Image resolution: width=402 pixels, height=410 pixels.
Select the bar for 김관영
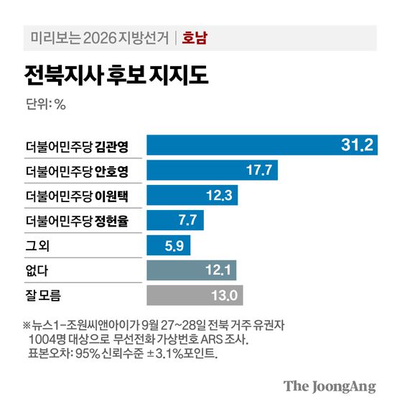pyautogui.click(x=261, y=145)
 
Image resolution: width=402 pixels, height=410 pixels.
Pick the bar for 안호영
pyautogui.click(x=212, y=170)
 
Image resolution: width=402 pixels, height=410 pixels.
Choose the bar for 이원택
pyautogui.click(x=192, y=196)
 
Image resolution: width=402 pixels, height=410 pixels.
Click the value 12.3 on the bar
pyautogui.click(x=218, y=196)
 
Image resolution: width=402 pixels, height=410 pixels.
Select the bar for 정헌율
pyautogui.click(x=176, y=220)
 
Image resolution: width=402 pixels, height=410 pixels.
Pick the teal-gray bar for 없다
pyautogui.click(x=192, y=270)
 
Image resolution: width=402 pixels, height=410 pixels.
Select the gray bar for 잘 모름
pyautogui.click(x=195, y=296)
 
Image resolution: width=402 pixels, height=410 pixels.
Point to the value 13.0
pyautogui.click(x=224, y=296)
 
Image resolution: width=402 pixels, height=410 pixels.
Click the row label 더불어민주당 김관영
pyautogui.click(x=76, y=146)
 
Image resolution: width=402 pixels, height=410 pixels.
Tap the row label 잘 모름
pyautogui.click(x=44, y=296)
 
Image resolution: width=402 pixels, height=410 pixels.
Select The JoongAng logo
pyautogui.click(x=329, y=386)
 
